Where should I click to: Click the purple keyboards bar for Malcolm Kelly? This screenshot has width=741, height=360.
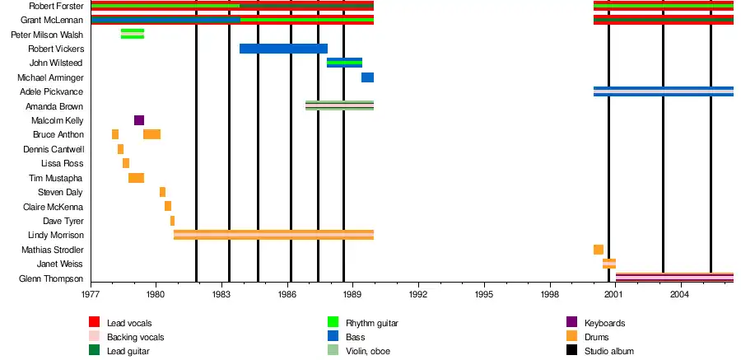(x=139, y=120)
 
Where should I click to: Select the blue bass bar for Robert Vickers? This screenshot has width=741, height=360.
(x=283, y=49)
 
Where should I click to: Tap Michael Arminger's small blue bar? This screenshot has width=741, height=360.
(x=367, y=77)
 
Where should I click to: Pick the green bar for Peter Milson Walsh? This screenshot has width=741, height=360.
(x=133, y=34)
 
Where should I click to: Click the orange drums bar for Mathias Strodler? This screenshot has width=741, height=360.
(x=598, y=250)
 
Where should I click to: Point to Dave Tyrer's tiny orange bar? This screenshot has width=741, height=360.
(x=172, y=221)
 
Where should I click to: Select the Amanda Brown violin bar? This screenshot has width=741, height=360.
(x=339, y=105)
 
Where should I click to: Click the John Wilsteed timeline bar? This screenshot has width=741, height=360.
(x=344, y=63)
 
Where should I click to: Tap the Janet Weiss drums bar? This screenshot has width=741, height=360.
(x=609, y=264)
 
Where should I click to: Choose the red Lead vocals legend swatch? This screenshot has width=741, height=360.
(x=94, y=323)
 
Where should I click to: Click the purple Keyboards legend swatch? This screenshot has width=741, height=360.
(x=571, y=323)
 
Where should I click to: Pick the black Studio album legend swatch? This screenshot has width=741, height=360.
(x=571, y=351)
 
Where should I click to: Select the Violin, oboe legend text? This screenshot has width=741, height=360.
(x=368, y=352)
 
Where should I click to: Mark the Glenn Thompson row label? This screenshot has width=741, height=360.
(x=51, y=278)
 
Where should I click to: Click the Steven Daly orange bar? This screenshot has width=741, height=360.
(x=162, y=192)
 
